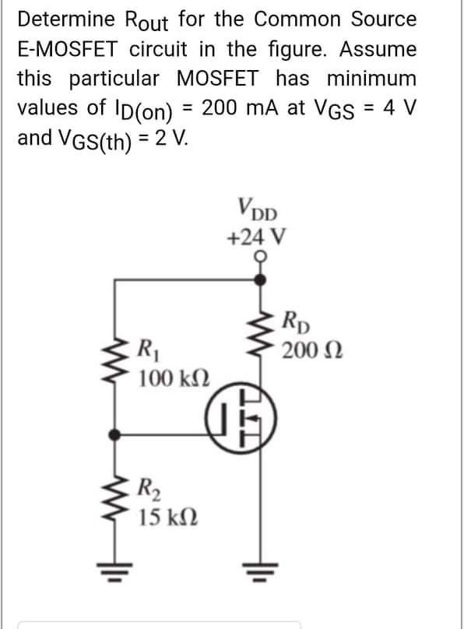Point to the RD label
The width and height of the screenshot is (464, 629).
(295, 318)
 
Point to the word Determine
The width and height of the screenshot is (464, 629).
(66, 19)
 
